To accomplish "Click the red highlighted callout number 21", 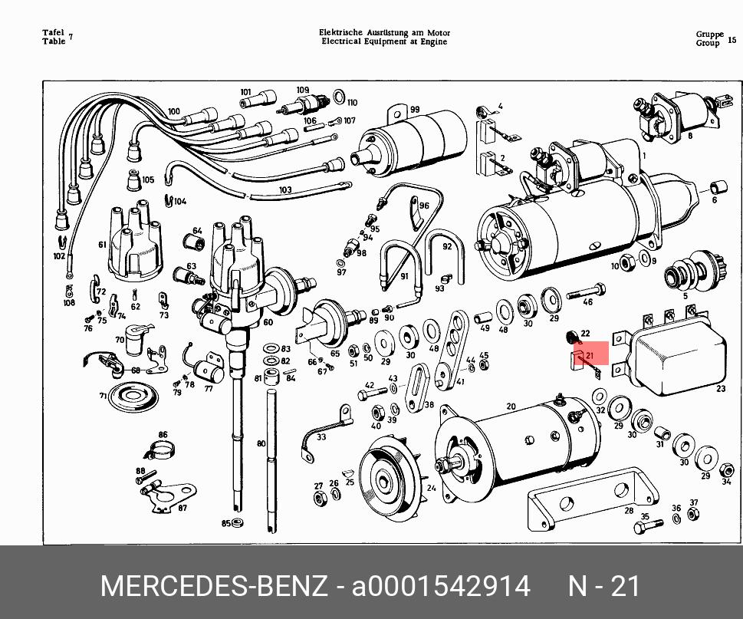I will (x=590, y=355).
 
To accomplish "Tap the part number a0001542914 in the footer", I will (x=441, y=587).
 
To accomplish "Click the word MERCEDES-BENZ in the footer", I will (x=213, y=587).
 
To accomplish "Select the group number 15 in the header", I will (x=731, y=39).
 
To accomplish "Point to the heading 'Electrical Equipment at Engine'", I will (x=384, y=42).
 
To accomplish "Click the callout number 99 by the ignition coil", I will (x=415, y=110).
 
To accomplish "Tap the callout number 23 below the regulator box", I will (x=721, y=389).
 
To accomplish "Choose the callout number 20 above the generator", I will (x=511, y=407).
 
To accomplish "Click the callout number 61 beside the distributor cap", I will (x=102, y=245).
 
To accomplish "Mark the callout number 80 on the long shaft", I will (x=261, y=443).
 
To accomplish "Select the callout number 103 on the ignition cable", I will (x=285, y=189).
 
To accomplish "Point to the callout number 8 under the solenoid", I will (x=690, y=136).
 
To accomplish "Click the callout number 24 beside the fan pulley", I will (x=431, y=488).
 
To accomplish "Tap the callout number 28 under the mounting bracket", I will (x=629, y=510).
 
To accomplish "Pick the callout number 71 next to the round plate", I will (x=103, y=396).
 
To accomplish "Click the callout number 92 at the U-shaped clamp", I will (x=447, y=246).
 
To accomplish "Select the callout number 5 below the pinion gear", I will (x=685, y=296).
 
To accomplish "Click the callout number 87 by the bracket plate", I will (x=182, y=508).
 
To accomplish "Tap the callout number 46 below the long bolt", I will (x=588, y=302).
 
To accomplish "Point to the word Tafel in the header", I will (x=53, y=33).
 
